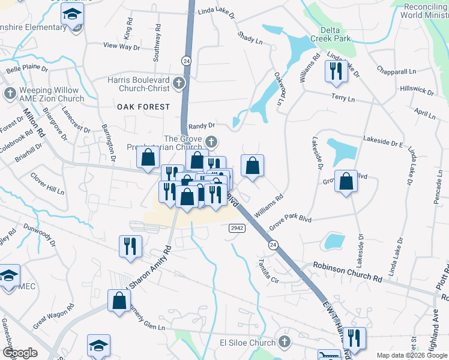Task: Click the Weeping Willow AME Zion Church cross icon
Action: [x=10, y=94]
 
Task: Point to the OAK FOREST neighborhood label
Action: [x=143, y=106]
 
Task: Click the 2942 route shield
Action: [x=237, y=228]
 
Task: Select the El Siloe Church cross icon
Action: [x=285, y=342]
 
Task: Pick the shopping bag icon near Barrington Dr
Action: [x=148, y=158]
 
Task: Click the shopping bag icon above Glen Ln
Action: [x=119, y=301]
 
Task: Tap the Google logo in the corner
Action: [x=20, y=353]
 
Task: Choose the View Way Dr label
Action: [x=121, y=46]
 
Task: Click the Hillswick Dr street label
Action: [x=417, y=90]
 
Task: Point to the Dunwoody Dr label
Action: [x=40, y=235]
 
